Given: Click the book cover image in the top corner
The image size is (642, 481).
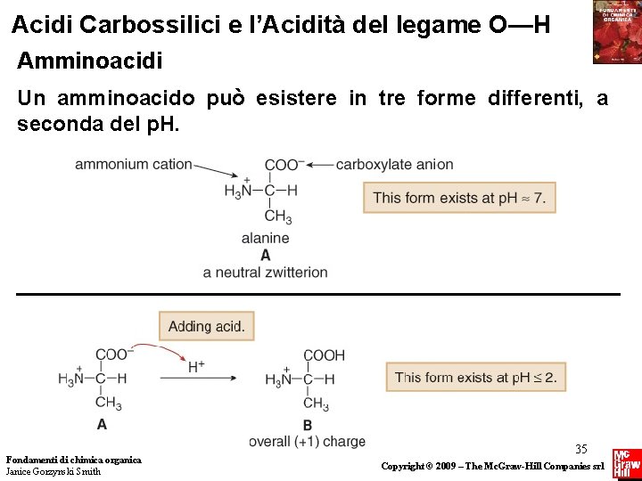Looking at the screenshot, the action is click(x=616, y=32).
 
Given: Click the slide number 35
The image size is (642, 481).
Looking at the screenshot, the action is click(x=581, y=449).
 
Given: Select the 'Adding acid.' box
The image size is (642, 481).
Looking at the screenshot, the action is click(x=206, y=326).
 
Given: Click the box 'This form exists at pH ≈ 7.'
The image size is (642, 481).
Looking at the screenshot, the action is click(x=458, y=198).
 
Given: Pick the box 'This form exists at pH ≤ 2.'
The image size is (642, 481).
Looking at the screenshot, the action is click(x=475, y=377).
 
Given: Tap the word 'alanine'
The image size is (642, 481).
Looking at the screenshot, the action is click(x=265, y=238).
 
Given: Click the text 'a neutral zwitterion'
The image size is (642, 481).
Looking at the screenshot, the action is click(x=265, y=272).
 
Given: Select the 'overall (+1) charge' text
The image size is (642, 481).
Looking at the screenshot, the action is click(x=307, y=442).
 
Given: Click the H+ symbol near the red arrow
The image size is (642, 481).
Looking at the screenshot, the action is click(x=196, y=366).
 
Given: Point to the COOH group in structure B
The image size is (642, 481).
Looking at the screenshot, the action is click(x=323, y=355).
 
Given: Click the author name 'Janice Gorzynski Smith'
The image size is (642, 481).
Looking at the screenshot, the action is click(x=53, y=471).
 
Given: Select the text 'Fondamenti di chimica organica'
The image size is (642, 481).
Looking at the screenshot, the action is click(x=73, y=460).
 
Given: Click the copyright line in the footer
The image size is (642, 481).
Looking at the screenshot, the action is click(x=492, y=466).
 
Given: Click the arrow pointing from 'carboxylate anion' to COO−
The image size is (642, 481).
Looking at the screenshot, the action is click(x=320, y=165).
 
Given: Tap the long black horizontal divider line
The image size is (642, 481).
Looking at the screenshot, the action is click(x=317, y=293).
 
